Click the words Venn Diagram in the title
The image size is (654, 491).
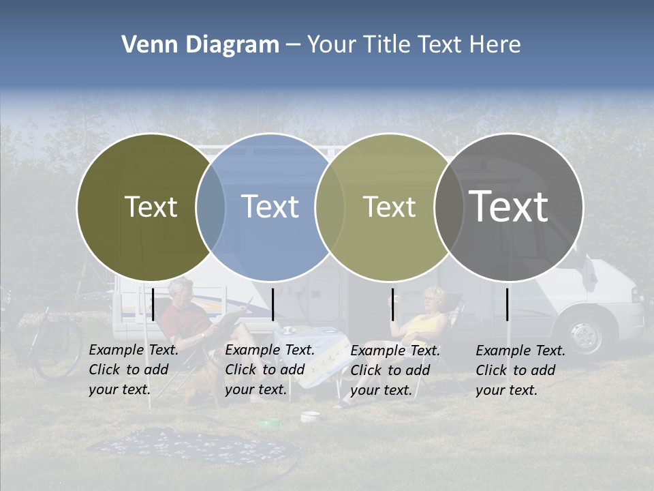[200, 45]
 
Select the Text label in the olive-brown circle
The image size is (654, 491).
[151, 207]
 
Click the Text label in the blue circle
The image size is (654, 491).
[270, 207]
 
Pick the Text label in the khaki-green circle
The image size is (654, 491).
[389, 207]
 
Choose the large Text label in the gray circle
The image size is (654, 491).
[509, 206]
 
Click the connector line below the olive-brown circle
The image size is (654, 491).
[153, 304]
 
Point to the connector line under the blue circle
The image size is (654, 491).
[272, 304]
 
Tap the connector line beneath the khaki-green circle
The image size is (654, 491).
[392, 304]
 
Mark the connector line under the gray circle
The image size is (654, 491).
[508, 304]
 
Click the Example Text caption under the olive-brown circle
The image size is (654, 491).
[134, 370]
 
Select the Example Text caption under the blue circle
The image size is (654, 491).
[270, 370]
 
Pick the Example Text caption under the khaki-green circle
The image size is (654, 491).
[395, 370]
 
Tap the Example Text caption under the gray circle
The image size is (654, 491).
[520, 370]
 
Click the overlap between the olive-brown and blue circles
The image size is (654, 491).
[211, 207]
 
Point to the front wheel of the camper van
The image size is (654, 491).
[586, 334]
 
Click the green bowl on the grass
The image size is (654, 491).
[268, 423]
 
